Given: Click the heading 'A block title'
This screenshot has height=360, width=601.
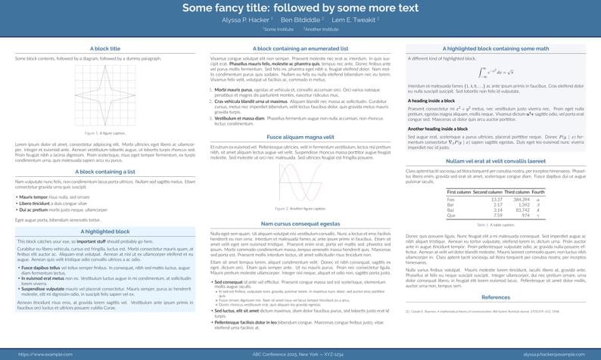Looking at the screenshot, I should coord(104,48).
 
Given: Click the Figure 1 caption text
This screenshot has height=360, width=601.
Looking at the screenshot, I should coord(104,132).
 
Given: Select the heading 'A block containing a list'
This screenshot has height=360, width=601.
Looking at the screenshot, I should coord(104,172).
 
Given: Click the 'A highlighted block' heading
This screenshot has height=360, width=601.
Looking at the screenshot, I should coord(104,231).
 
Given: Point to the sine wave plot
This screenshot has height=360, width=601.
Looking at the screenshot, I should coord(300,182).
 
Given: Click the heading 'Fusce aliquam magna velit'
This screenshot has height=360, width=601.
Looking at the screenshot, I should coord(300,136).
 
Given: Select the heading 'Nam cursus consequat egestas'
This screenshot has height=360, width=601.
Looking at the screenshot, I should coord(300,224).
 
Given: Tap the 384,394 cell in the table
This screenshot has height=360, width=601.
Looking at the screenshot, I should coord(521,199).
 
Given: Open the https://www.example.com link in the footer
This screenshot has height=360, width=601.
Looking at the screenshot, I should coord(41,353).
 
